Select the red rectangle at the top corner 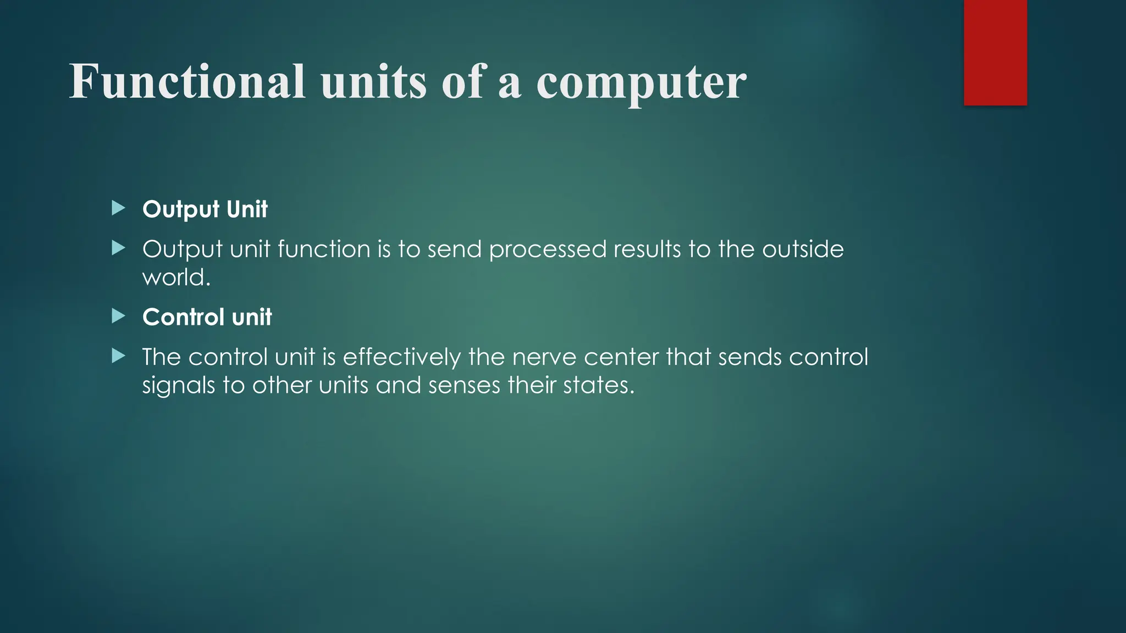pyautogui.click(x=995, y=53)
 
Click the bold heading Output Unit pyautogui.click(x=205, y=209)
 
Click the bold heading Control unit pyautogui.click(x=207, y=317)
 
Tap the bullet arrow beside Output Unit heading pyautogui.click(x=118, y=208)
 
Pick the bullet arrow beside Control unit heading pyautogui.click(x=118, y=316)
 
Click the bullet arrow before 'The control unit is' pyautogui.click(x=118, y=356)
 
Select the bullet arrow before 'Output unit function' pyautogui.click(x=118, y=248)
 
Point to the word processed pyautogui.click(x=547, y=249)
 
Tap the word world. pyautogui.click(x=176, y=277)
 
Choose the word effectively pyautogui.click(x=402, y=357)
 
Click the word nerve pyautogui.click(x=544, y=358)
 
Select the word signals pyautogui.click(x=178, y=385)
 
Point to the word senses pyautogui.click(x=464, y=385)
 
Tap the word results pyautogui.click(x=647, y=249)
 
